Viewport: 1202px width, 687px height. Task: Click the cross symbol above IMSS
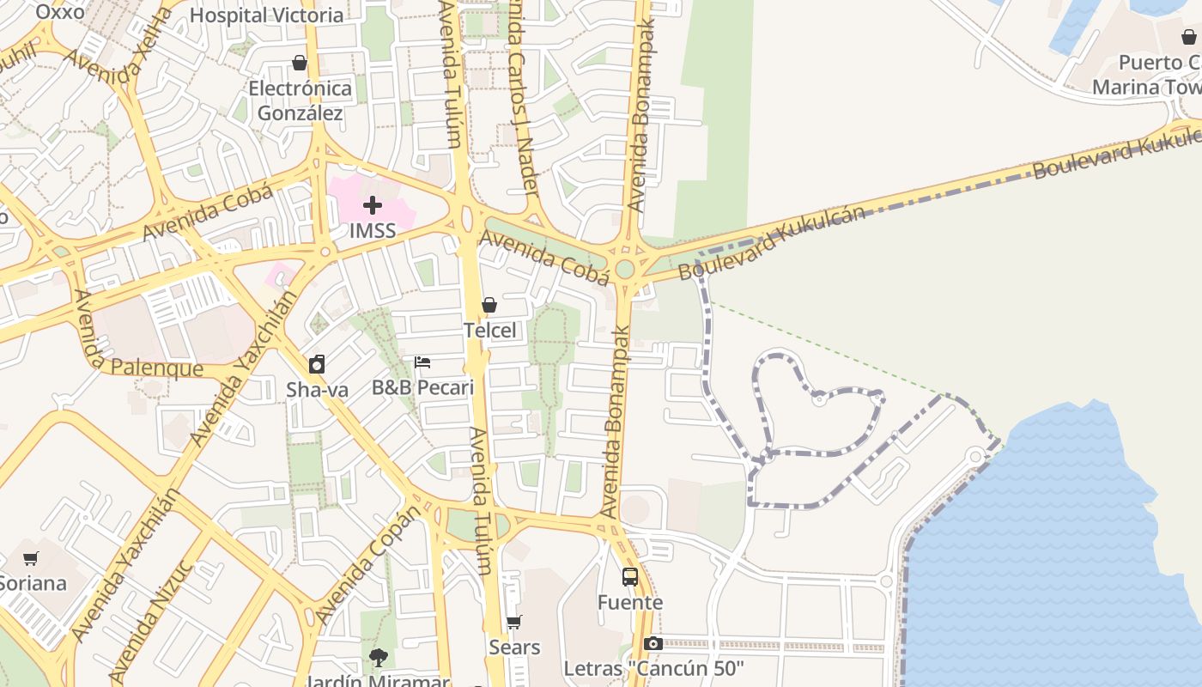[x=373, y=205]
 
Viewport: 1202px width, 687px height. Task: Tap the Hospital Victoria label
[x=266, y=15]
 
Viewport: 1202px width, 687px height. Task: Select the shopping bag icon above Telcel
[x=489, y=305]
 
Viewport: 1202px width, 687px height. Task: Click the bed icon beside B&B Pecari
[x=422, y=362]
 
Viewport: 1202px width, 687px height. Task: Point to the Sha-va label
[x=317, y=390]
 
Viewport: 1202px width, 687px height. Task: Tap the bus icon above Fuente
[x=630, y=577]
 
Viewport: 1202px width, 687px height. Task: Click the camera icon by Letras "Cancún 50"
[x=653, y=644]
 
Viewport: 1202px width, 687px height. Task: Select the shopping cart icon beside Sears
[x=513, y=622]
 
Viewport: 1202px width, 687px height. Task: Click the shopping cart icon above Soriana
[x=31, y=558]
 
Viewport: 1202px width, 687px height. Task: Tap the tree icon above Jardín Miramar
[x=378, y=659]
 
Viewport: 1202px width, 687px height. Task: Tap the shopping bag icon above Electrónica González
[x=300, y=63]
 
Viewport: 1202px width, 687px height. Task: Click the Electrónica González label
[x=300, y=100]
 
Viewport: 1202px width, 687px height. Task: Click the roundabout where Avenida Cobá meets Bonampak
[x=625, y=269]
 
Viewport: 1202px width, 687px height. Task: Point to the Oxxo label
[x=60, y=12]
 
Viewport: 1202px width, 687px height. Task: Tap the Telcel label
[x=489, y=331]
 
